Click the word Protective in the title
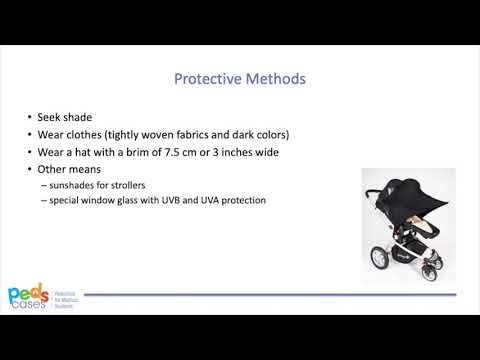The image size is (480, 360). [206, 78]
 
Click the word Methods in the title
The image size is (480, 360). [274, 78]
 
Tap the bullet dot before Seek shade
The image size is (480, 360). [29, 116]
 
